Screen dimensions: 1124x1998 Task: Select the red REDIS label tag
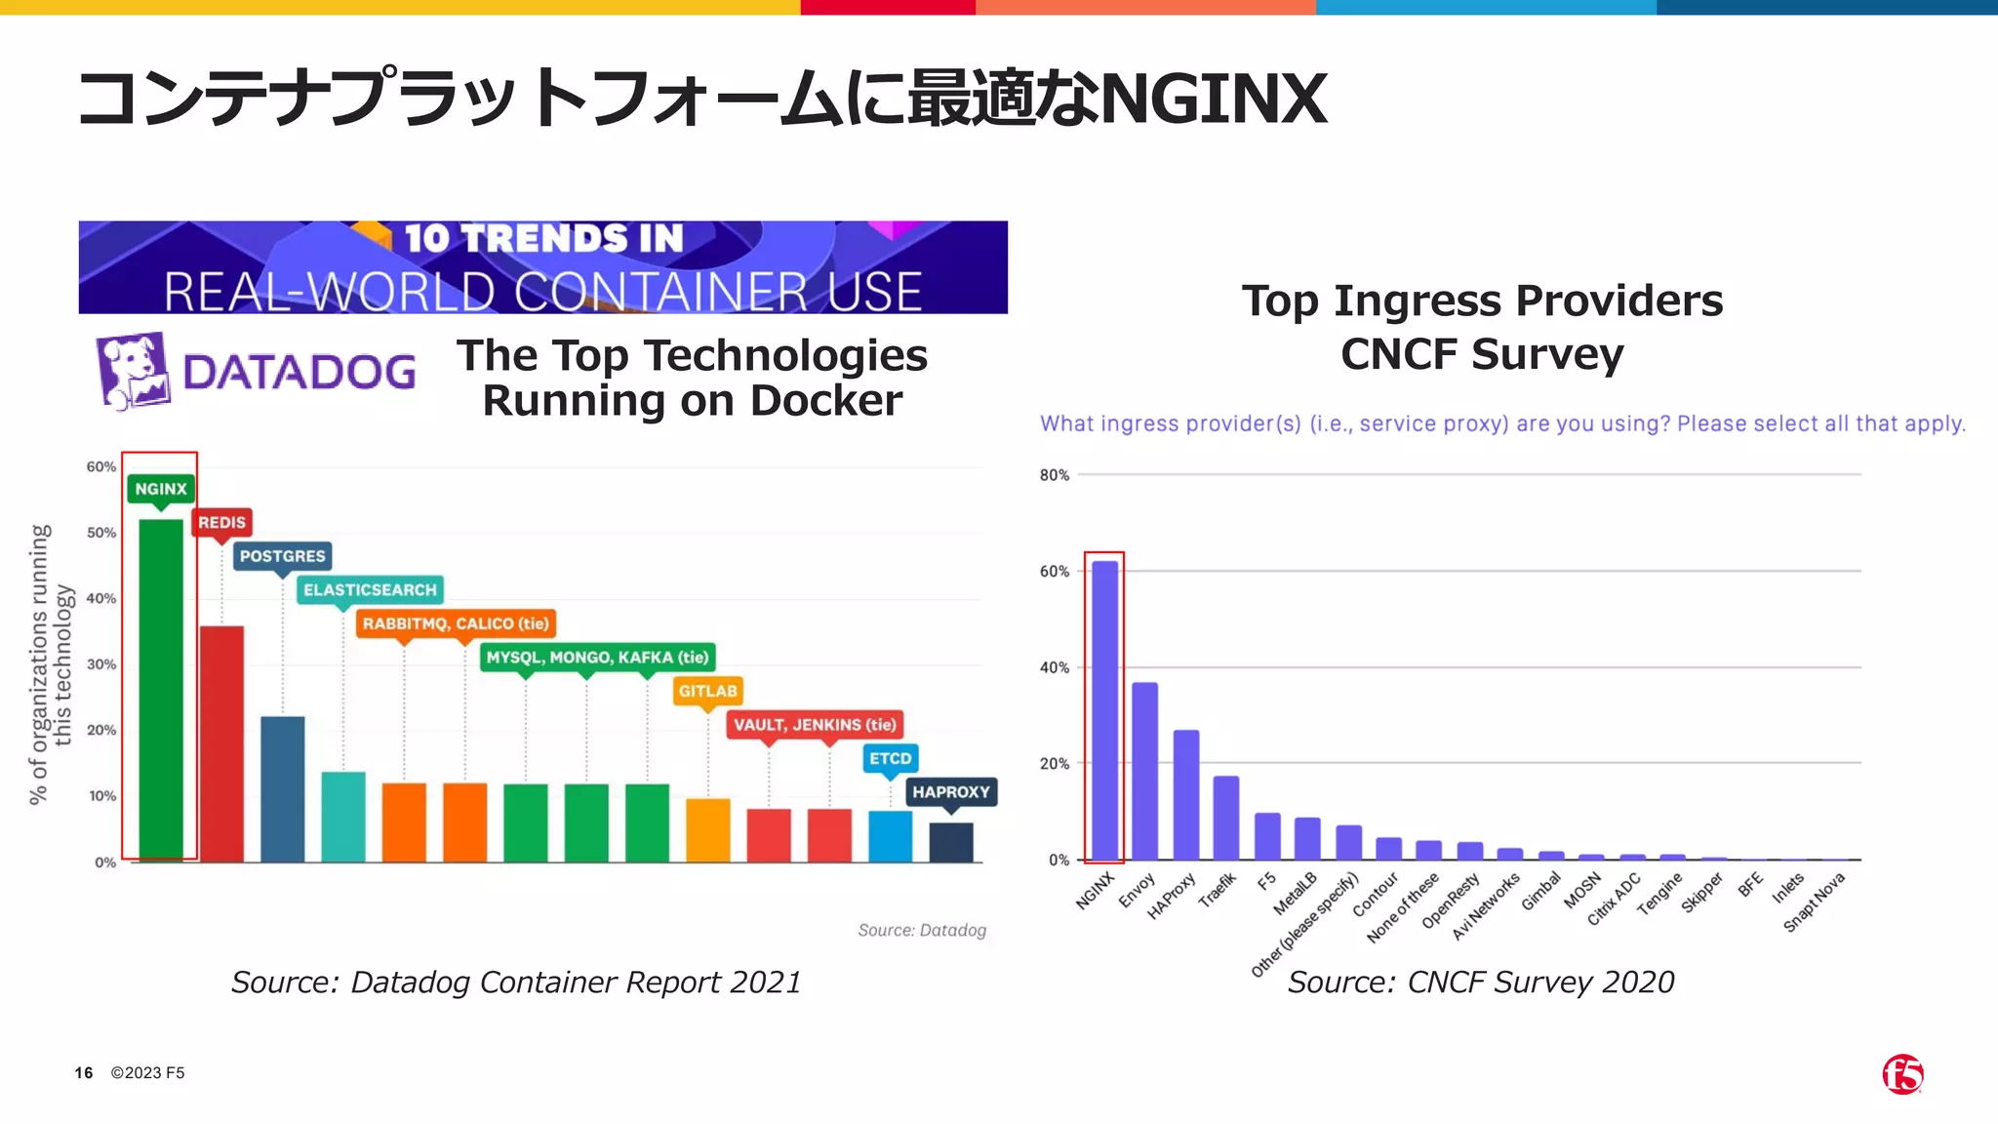221,523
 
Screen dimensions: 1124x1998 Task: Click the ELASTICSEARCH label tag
370,590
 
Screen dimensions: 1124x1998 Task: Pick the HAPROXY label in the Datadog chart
950,792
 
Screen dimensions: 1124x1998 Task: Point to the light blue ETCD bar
890,836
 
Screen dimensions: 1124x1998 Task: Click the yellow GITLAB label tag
707,692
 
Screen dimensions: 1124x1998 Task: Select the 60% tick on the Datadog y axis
100,467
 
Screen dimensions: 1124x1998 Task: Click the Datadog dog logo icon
133,371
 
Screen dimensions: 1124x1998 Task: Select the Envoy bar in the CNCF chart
1144,771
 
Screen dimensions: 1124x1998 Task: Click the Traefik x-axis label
1218,889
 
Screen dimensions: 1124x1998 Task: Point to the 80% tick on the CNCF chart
1054,475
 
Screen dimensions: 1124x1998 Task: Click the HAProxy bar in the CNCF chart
1185,794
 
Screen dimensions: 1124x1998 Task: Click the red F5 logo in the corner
1902,1074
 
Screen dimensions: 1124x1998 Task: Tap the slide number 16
84,1073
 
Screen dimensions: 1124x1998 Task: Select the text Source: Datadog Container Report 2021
516,983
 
